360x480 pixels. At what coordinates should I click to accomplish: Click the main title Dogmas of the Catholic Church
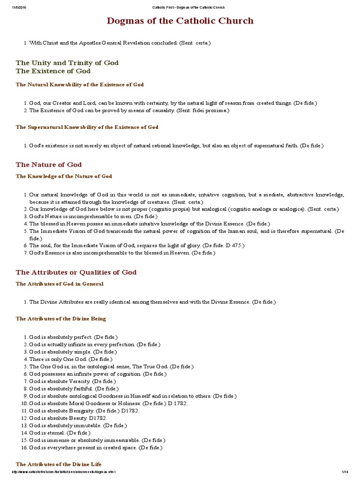(180, 21)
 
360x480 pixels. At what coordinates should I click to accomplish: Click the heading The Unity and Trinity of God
(67, 62)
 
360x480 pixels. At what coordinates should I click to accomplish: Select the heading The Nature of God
(49, 165)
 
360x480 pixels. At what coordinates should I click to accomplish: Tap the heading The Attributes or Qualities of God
(76, 272)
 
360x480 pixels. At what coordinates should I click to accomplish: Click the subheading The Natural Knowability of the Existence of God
(80, 85)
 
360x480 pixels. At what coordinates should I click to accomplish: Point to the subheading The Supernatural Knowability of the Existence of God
(87, 127)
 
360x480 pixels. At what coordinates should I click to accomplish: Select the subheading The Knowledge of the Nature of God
(64, 176)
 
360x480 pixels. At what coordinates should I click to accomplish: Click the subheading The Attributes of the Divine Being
(61, 319)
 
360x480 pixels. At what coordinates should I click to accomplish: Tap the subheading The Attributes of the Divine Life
(58, 464)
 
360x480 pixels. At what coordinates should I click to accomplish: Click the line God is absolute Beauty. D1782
(68, 418)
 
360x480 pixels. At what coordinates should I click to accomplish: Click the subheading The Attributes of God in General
(60, 284)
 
